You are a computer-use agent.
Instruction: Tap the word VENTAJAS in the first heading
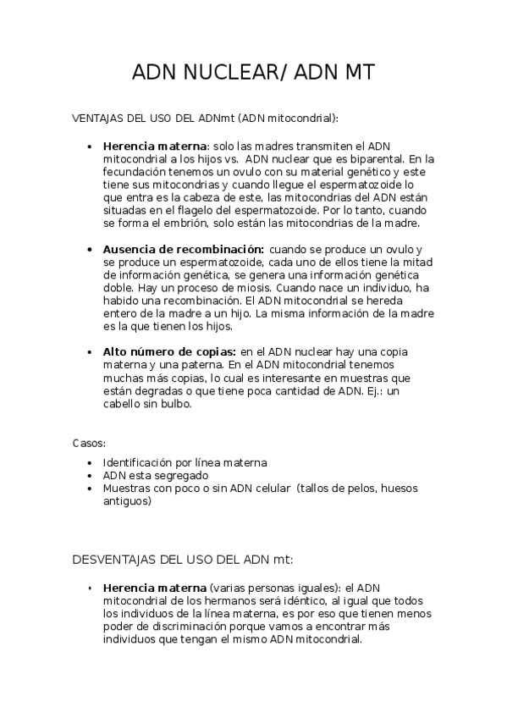tap(94, 118)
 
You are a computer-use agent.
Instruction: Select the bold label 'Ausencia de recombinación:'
tap(182, 249)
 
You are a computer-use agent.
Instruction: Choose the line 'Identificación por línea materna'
tap(185, 463)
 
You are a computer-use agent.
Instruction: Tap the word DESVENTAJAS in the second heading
tap(113, 559)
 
